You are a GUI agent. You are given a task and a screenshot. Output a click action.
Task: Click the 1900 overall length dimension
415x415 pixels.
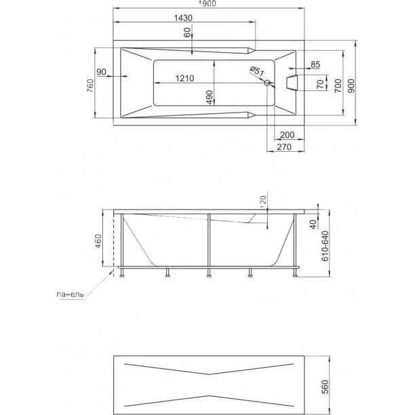208,3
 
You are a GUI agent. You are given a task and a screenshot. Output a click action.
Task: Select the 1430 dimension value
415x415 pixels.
183,18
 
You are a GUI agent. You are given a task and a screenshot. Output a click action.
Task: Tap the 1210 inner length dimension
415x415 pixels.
184,79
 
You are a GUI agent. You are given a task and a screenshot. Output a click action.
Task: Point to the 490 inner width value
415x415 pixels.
210,97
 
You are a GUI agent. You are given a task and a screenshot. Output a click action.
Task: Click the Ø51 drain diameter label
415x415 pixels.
257,71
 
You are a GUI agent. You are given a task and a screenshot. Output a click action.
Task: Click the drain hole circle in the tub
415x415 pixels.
267,83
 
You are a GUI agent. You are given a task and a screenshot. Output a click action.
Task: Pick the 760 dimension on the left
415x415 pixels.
90,85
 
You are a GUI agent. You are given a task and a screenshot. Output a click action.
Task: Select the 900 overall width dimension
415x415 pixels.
351,85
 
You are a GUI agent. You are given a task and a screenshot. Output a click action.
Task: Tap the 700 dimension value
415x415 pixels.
338,85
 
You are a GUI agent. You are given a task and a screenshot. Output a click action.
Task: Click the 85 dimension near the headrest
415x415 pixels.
315,64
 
